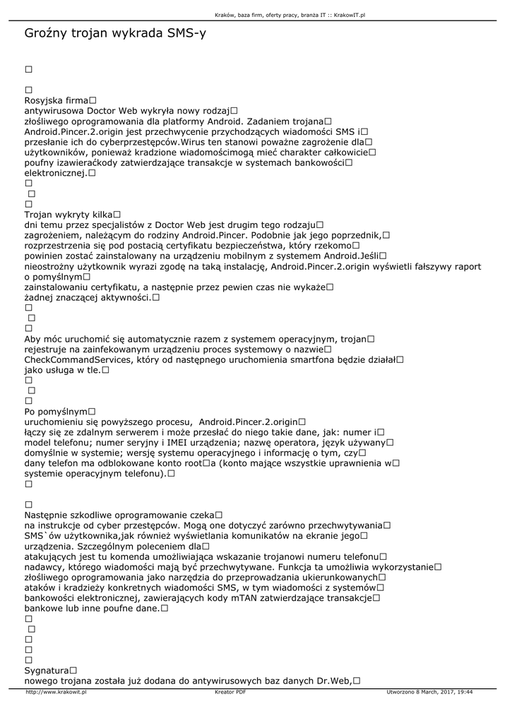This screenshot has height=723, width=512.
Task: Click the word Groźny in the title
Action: pos(46,33)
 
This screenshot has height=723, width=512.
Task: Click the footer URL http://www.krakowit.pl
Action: pos(56,692)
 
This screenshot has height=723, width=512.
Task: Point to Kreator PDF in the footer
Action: pos(230,692)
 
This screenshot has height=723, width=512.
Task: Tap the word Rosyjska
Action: pos(44,101)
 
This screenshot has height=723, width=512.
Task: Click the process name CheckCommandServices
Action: pos(77,359)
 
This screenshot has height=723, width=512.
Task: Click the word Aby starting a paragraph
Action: pos(33,339)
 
